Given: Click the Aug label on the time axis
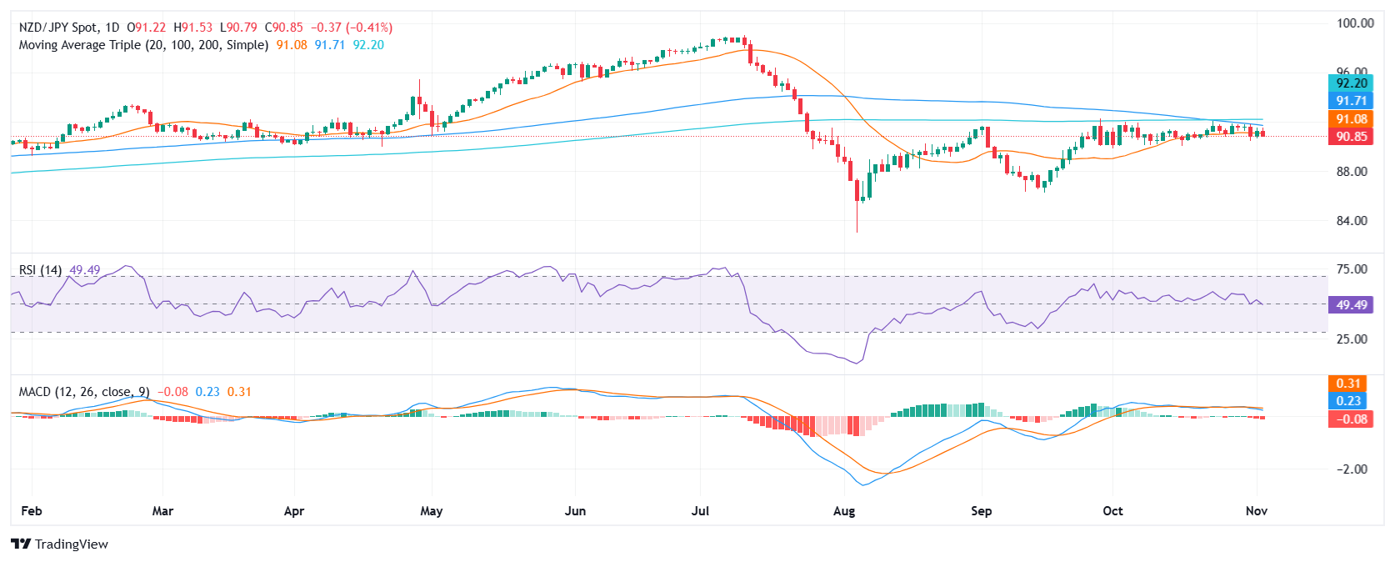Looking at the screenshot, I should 844,511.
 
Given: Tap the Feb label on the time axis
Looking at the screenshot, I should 31,511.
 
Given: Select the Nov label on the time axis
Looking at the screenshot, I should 1256,511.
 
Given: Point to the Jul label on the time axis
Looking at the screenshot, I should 700,511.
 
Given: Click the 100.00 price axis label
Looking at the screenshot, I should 1355,23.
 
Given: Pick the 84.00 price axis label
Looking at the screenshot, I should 1352,221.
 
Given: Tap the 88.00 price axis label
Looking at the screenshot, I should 1352,172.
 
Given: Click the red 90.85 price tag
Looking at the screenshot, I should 1351,137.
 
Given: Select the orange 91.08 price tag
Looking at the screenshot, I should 1351,119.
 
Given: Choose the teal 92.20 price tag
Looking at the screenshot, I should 1351,83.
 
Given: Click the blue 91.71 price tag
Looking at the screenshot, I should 1351,101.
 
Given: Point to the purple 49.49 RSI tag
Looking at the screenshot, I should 1351,305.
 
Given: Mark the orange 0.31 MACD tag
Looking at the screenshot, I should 1348,384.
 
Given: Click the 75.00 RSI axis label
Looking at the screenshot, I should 1352,269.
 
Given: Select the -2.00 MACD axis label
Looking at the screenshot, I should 1352,469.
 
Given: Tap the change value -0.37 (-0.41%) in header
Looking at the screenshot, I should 352,28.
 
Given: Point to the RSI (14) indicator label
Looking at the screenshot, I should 40,270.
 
